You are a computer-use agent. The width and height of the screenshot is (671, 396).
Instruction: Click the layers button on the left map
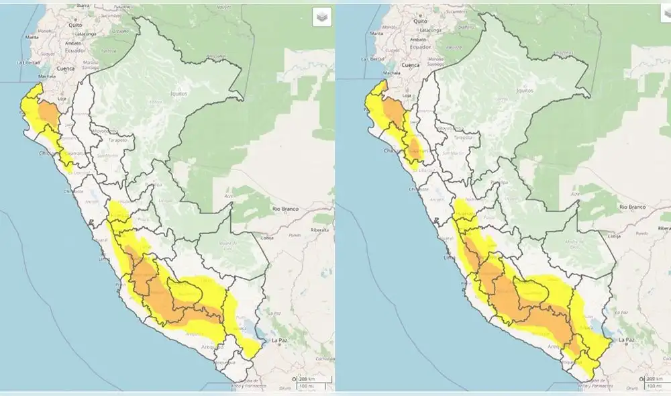[322, 17]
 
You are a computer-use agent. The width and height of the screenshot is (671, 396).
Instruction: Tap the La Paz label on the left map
[280, 340]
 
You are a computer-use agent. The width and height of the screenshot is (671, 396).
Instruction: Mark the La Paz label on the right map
[627, 340]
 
